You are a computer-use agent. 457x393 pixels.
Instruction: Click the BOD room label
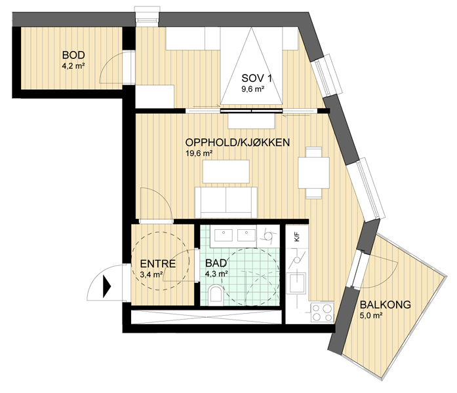click(x=73, y=55)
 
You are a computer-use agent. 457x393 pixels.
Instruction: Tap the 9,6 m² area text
click(x=252, y=89)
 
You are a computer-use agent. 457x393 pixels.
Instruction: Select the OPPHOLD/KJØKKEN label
click(x=237, y=142)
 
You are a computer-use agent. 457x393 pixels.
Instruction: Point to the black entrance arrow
click(x=107, y=287)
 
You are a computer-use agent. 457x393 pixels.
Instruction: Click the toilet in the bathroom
click(x=216, y=295)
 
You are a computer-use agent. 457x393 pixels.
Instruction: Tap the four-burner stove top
click(x=322, y=312)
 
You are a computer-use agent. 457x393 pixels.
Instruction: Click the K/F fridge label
click(x=297, y=236)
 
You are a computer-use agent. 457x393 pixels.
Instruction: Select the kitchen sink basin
click(x=296, y=282)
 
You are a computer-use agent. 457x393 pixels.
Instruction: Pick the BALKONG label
click(x=386, y=305)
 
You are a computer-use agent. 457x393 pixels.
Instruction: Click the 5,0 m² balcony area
click(x=371, y=316)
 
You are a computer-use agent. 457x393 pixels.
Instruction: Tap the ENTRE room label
click(x=158, y=264)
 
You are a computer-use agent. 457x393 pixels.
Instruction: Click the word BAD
click(x=216, y=263)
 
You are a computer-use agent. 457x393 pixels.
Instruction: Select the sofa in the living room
click(x=226, y=202)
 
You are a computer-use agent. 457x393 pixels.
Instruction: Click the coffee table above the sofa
click(x=226, y=172)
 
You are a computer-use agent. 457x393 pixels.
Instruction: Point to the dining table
click(x=313, y=173)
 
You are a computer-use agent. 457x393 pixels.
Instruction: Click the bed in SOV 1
click(x=251, y=65)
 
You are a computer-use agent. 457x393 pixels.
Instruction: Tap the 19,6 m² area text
click(x=199, y=153)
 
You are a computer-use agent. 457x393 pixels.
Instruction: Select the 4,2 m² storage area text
click(x=73, y=66)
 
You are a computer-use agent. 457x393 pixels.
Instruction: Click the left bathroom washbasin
click(x=224, y=235)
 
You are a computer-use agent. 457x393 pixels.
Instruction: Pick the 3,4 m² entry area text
click(x=151, y=274)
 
